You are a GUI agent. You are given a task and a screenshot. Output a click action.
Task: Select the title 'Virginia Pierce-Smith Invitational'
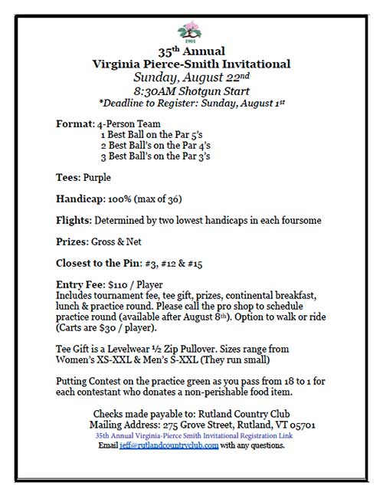(190, 64)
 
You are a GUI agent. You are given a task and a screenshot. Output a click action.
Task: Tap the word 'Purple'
(97, 177)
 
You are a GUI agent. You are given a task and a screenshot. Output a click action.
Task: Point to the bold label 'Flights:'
(74, 220)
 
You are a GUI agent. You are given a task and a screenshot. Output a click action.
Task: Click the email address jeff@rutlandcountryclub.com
(169, 445)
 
